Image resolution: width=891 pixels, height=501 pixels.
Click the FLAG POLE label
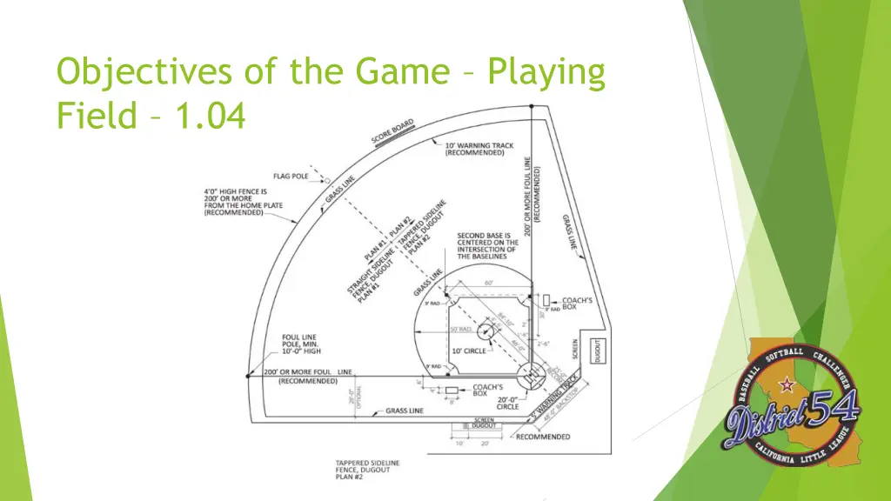(x=291, y=176)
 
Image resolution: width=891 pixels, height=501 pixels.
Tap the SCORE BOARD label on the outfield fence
(x=392, y=132)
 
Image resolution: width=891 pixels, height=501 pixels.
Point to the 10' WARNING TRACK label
(x=479, y=149)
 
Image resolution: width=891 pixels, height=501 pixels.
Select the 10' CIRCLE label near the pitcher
(x=469, y=351)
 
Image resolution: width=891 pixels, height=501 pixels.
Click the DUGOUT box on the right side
(x=598, y=351)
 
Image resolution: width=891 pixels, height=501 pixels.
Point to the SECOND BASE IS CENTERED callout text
(x=487, y=245)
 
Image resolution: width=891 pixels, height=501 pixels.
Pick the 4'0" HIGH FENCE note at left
(x=235, y=202)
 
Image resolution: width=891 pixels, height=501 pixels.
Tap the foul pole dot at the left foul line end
(x=247, y=377)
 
